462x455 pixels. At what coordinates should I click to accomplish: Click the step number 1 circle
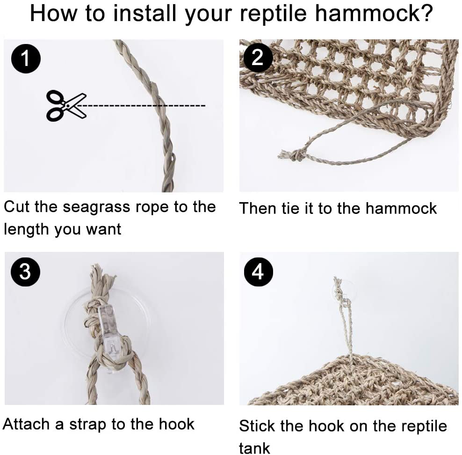click(25, 59)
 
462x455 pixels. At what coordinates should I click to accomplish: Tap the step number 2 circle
click(258, 58)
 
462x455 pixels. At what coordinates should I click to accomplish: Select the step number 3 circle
click(25, 271)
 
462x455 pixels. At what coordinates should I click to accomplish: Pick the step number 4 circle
click(258, 272)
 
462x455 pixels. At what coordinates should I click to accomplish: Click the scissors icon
click(66, 106)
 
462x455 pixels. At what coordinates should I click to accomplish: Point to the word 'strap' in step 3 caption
click(88, 424)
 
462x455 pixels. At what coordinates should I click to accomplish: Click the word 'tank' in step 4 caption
click(254, 448)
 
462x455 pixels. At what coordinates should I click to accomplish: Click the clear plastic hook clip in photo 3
click(110, 328)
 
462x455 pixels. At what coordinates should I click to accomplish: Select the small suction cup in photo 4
click(344, 289)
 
